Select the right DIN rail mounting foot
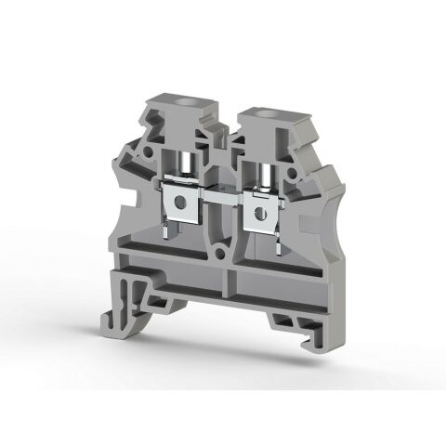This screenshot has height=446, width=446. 288,311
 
